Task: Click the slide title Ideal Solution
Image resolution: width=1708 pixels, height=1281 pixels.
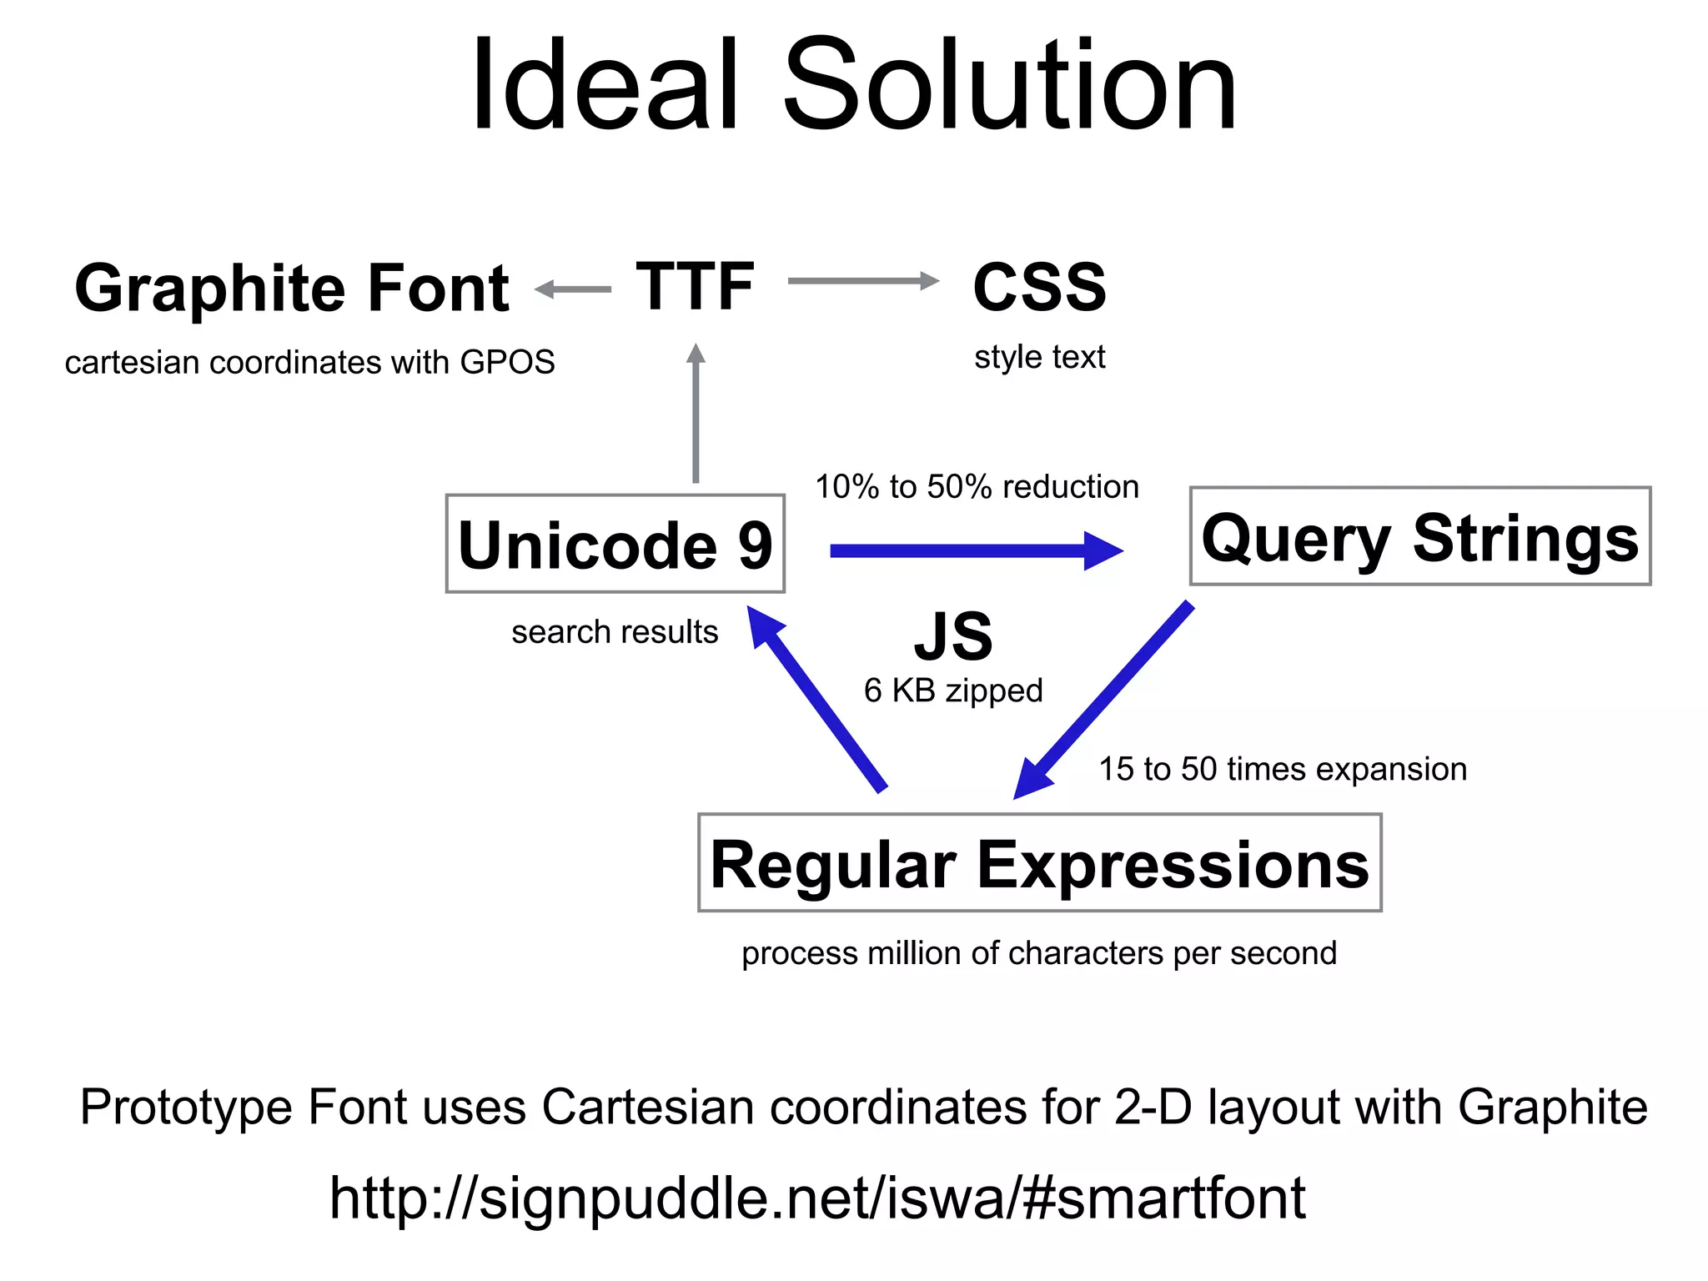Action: (x=853, y=85)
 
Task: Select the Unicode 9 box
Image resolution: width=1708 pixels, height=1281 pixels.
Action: (x=615, y=544)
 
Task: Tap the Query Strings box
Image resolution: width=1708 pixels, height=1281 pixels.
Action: (x=1419, y=536)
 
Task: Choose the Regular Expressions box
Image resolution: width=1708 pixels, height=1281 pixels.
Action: (x=1039, y=863)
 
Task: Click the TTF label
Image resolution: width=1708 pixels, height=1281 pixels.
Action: (x=696, y=287)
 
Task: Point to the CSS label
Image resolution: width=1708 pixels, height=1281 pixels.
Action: (x=1039, y=287)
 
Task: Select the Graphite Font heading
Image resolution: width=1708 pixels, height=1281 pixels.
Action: (x=291, y=288)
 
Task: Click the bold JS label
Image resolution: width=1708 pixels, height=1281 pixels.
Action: (x=953, y=636)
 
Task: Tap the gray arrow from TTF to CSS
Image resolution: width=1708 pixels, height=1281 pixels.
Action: (x=863, y=281)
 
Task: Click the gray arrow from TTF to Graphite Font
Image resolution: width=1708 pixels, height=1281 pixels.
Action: (x=573, y=289)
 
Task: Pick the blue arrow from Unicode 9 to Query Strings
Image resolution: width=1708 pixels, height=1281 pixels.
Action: (x=976, y=550)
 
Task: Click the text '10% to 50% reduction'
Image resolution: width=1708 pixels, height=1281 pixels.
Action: (x=977, y=487)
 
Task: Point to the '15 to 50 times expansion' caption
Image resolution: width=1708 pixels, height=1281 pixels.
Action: (x=1282, y=769)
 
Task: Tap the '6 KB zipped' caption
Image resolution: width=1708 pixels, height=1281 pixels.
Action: (x=953, y=691)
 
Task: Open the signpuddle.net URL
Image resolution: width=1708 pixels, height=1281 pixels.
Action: (x=816, y=1198)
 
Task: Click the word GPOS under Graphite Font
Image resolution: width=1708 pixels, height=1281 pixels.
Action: (x=507, y=363)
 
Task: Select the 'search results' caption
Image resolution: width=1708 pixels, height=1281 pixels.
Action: (x=615, y=632)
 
